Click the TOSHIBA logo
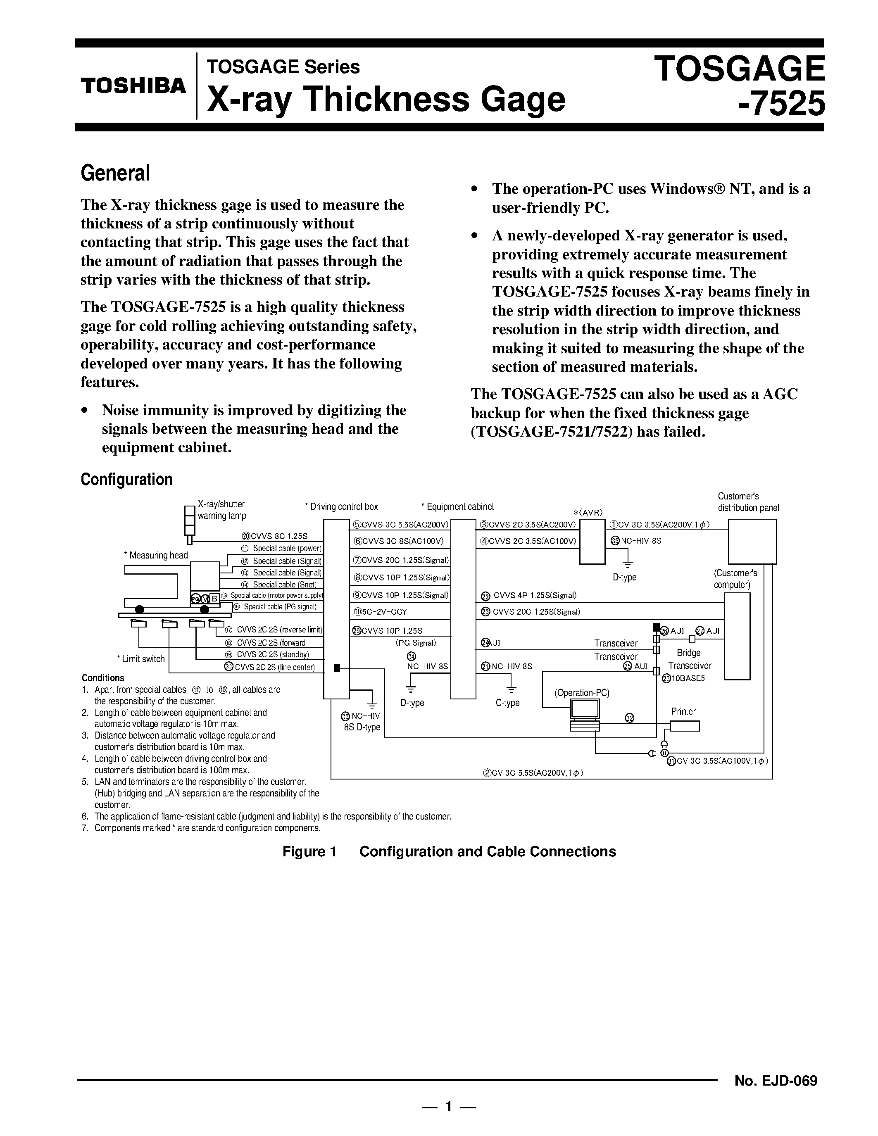click(133, 86)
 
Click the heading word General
click(115, 173)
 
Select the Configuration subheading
click(126, 479)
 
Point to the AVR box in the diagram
click(592, 541)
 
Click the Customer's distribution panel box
click(752, 542)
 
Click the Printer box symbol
click(685, 726)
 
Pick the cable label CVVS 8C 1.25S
click(275, 536)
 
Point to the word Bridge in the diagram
click(689, 653)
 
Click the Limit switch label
click(141, 659)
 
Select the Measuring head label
click(156, 555)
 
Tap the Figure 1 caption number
click(309, 851)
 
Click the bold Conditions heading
click(103, 678)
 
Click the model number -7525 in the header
click(782, 103)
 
